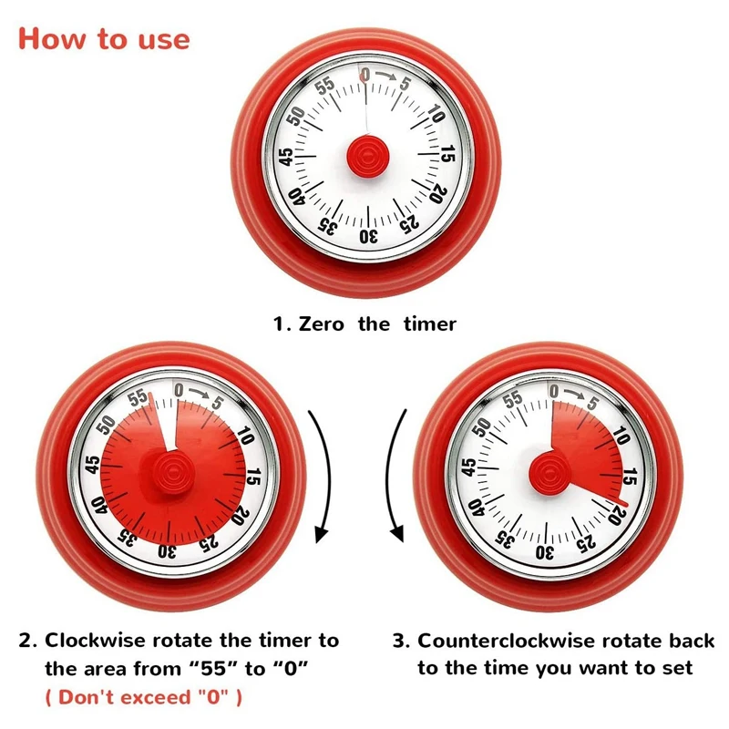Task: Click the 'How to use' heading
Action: (104, 39)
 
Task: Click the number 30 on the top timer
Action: (367, 236)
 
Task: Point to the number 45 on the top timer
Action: (286, 156)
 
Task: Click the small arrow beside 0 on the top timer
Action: (388, 78)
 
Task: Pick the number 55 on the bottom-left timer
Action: (139, 398)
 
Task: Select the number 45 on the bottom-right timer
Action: (468, 471)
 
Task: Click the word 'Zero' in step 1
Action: (321, 323)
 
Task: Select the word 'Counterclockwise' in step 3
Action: (497, 641)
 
